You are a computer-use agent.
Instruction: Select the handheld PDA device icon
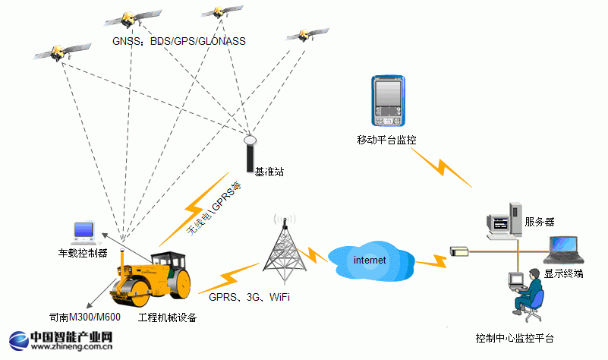387,101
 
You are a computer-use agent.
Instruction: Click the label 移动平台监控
386,140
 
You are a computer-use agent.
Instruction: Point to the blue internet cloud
370,259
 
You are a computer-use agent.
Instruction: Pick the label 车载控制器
83,252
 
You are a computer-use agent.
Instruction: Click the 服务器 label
539,223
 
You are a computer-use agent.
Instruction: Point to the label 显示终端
563,273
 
